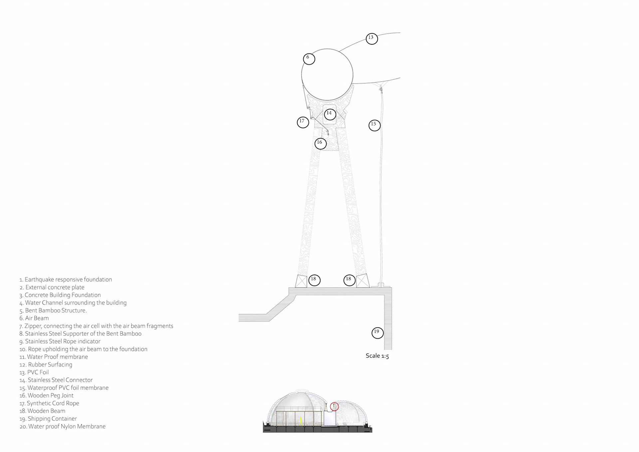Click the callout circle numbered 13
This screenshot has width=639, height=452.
(x=372, y=38)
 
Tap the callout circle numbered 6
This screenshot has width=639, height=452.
(x=309, y=59)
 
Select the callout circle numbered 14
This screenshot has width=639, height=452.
(x=330, y=114)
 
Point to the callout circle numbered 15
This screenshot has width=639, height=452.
(x=374, y=125)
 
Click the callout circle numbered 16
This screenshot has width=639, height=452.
(x=320, y=143)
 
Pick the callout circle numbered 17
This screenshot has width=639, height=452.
(x=303, y=122)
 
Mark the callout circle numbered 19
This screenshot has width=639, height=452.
(x=377, y=332)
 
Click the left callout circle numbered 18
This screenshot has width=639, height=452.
(x=314, y=280)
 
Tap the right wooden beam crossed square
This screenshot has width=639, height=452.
(x=362, y=281)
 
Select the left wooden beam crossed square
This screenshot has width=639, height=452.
(x=301, y=281)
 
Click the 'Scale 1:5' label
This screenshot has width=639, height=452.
(x=377, y=356)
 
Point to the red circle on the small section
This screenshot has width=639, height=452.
(x=334, y=406)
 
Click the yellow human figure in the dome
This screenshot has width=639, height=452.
(x=301, y=421)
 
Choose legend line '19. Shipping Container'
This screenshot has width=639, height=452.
(x=48, y=419)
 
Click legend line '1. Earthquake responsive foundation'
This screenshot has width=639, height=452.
(x=66, y=279)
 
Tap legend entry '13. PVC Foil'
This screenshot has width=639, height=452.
(x=34, y=372)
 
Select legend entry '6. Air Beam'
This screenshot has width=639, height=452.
(x=34, y=318)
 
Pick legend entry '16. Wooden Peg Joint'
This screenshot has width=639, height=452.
(x=47, y=395)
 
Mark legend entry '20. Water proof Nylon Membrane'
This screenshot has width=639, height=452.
(x=63, y=426)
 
